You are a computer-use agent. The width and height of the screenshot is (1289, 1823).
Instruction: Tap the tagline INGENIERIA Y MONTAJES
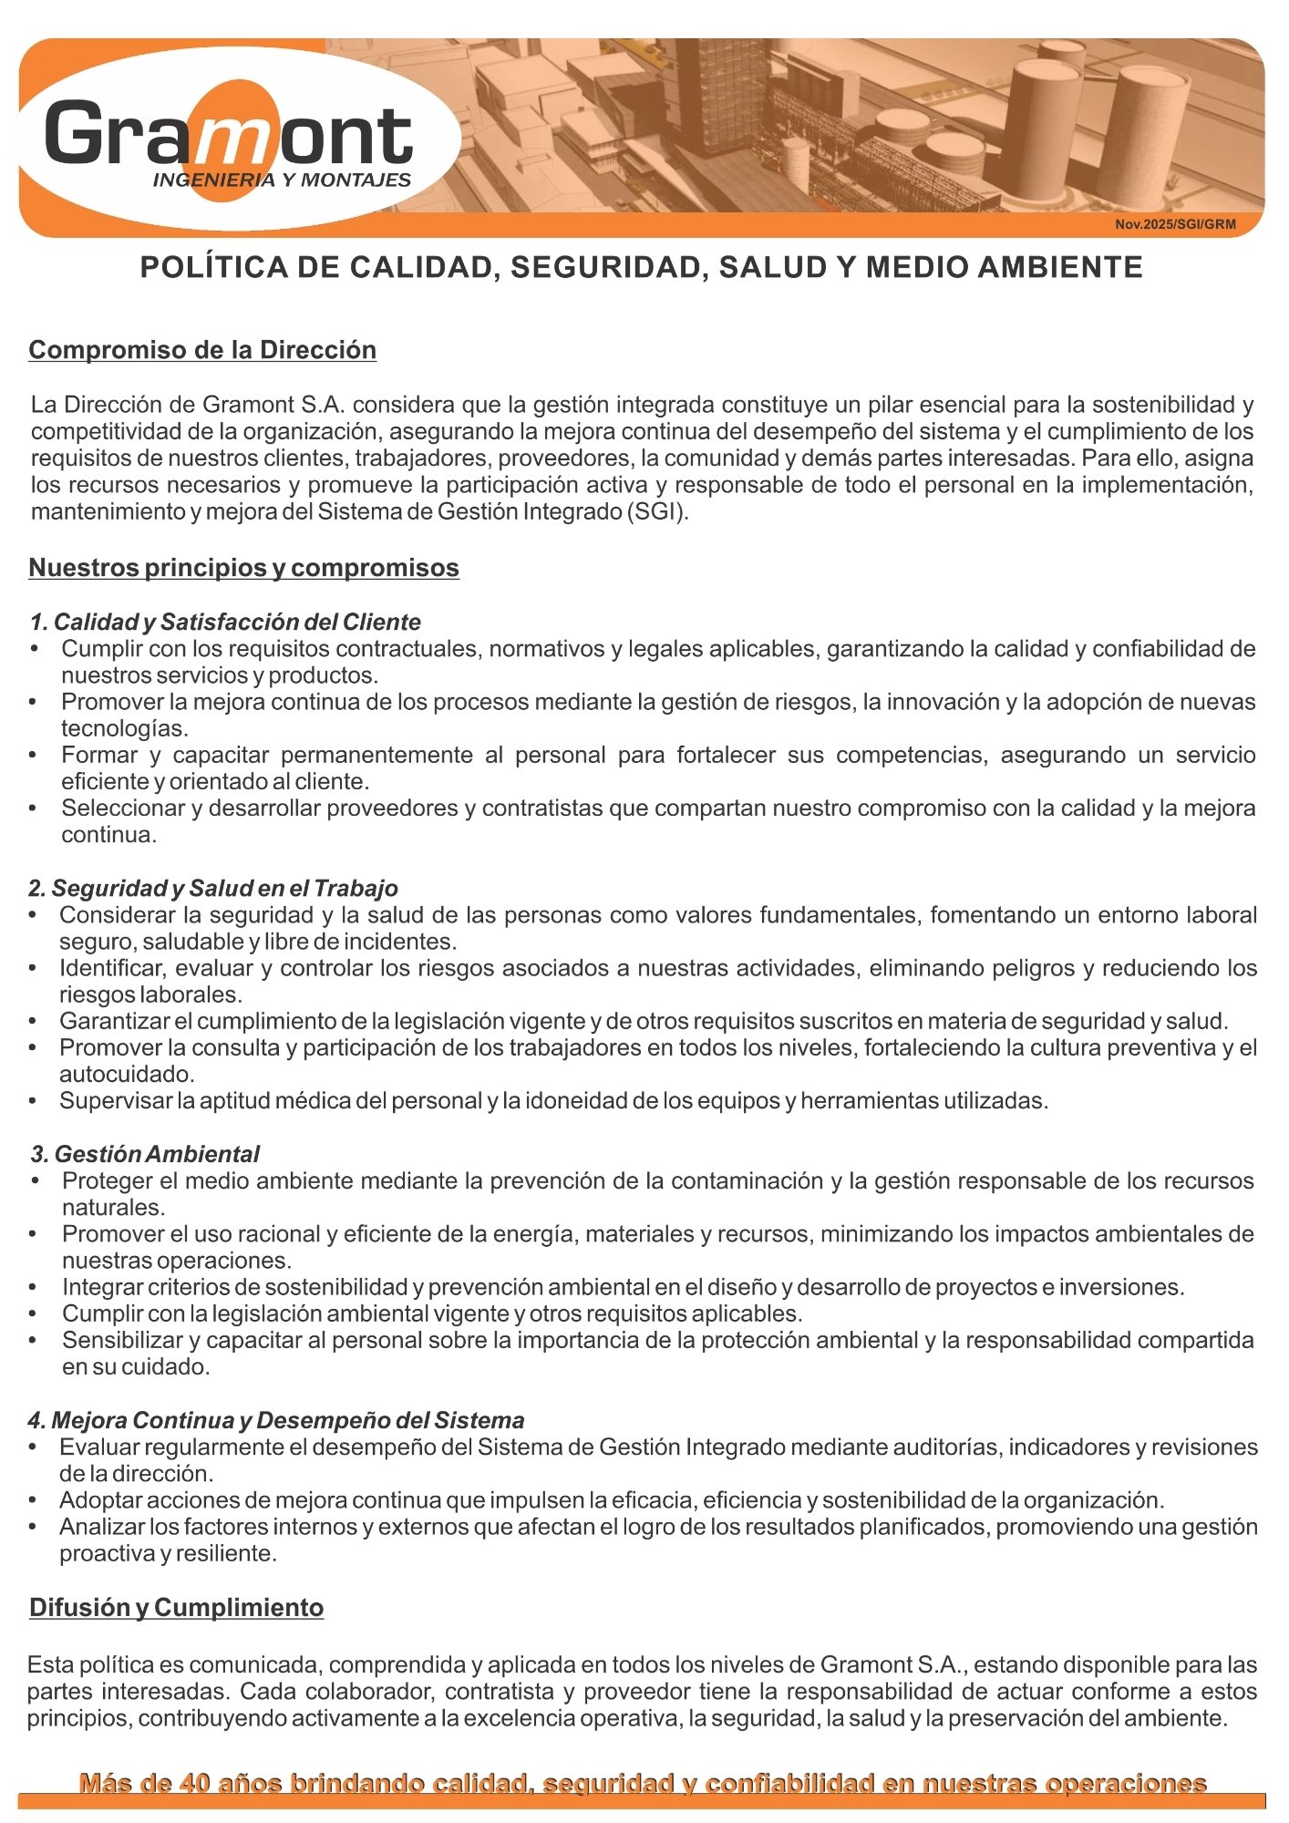(x=282, y=180)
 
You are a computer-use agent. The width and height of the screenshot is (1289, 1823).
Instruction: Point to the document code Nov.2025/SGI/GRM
(x=1175, y=224)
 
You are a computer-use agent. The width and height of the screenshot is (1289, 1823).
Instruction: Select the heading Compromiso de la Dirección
(x=202, y=350)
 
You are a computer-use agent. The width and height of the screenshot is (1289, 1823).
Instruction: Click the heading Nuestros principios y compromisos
(x=243, y=567)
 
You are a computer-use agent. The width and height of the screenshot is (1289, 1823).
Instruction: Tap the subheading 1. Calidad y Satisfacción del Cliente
(x=225, y=622)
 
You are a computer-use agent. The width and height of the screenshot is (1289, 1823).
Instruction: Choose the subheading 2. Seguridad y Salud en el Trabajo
(x=213, y=888)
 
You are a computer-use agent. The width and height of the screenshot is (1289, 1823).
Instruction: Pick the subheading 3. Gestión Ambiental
(x=145, y=1154)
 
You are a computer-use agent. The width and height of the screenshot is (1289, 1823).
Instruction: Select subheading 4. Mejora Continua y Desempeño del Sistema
(x=276, y=1420)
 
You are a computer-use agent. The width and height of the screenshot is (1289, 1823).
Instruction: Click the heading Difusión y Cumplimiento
(x=176, y=1607)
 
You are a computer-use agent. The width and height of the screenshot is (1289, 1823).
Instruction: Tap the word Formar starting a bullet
(x=98, y=755)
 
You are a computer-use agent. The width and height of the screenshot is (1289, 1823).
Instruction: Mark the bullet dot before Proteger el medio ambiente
(x=35, y=1181)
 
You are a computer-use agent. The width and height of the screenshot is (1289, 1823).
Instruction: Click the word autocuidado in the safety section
(x=127, y=1074)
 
